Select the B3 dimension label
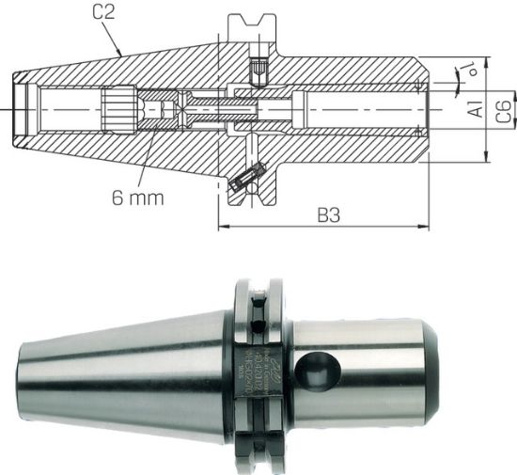pyautogui.click(x=326, y=215)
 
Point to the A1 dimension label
pyautogui.click(x=478, y=108)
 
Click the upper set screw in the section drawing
pyautogui.click(x=258, y=69)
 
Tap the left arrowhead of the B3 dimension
pyautogui.click(x=223, y=227)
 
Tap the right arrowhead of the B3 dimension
pyautogui.click(x=426, y=227)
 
